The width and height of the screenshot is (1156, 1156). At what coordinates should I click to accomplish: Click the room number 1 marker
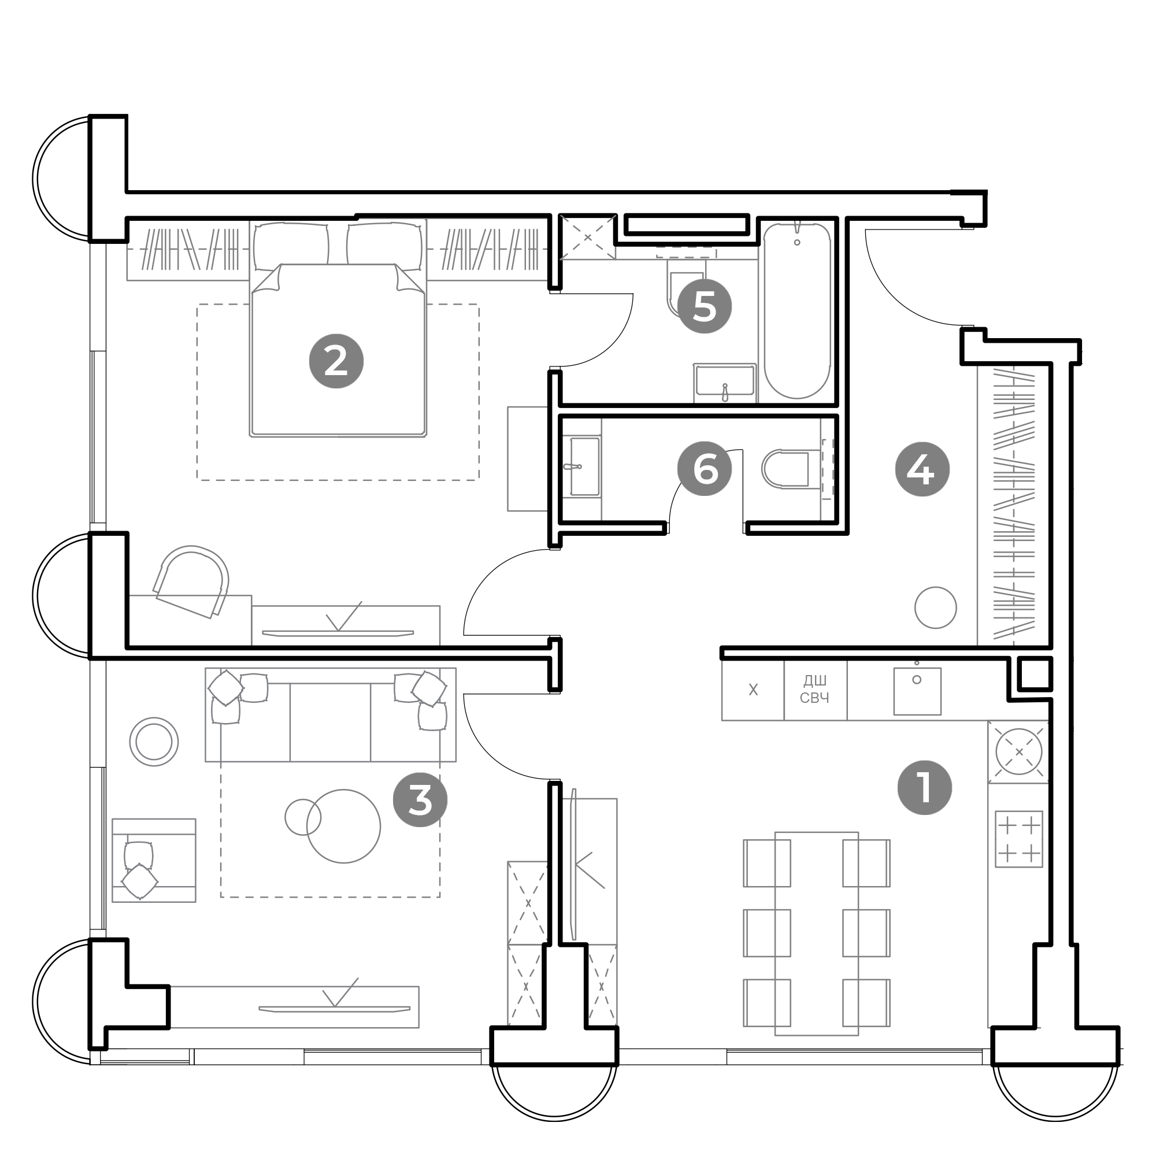pyautogui.click(x=924, y=787)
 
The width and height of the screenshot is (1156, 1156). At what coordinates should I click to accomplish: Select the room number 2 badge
pyautogui.click(x=336, y=361)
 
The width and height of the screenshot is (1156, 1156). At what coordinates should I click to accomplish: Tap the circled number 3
pyautogui.click(x=420, y=799)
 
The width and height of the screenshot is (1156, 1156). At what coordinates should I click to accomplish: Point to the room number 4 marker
pyautogui.click(x=922, y=470)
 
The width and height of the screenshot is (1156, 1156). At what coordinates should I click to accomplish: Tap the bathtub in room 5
pyautogui.click(x=797, y=311)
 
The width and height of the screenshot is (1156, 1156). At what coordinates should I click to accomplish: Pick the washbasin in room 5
pyautogui.click(x=725, y=381)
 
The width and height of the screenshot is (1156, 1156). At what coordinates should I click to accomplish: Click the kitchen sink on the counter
pyautogui.click(x=917, y=691)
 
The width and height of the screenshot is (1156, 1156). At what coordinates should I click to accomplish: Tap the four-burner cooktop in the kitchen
pyautogui.click(x=1019, y=839)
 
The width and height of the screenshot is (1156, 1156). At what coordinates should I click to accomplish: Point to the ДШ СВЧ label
pyautogui.click(x=814, y=690)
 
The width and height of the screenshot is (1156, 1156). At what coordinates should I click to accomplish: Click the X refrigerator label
pyautogui.click(x=753, y=690)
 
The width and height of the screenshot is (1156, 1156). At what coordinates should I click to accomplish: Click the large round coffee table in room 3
pyautogui.click(x=343, y=827)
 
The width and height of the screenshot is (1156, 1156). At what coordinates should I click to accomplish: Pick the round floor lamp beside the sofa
pyautogui.click(x=154, y=742)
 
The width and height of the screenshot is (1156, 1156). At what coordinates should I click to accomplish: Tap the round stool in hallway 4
pyautogui.click(x=935, y=607)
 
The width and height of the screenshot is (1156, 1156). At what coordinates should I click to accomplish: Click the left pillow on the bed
pyautogui.click(x=291, y=247)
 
